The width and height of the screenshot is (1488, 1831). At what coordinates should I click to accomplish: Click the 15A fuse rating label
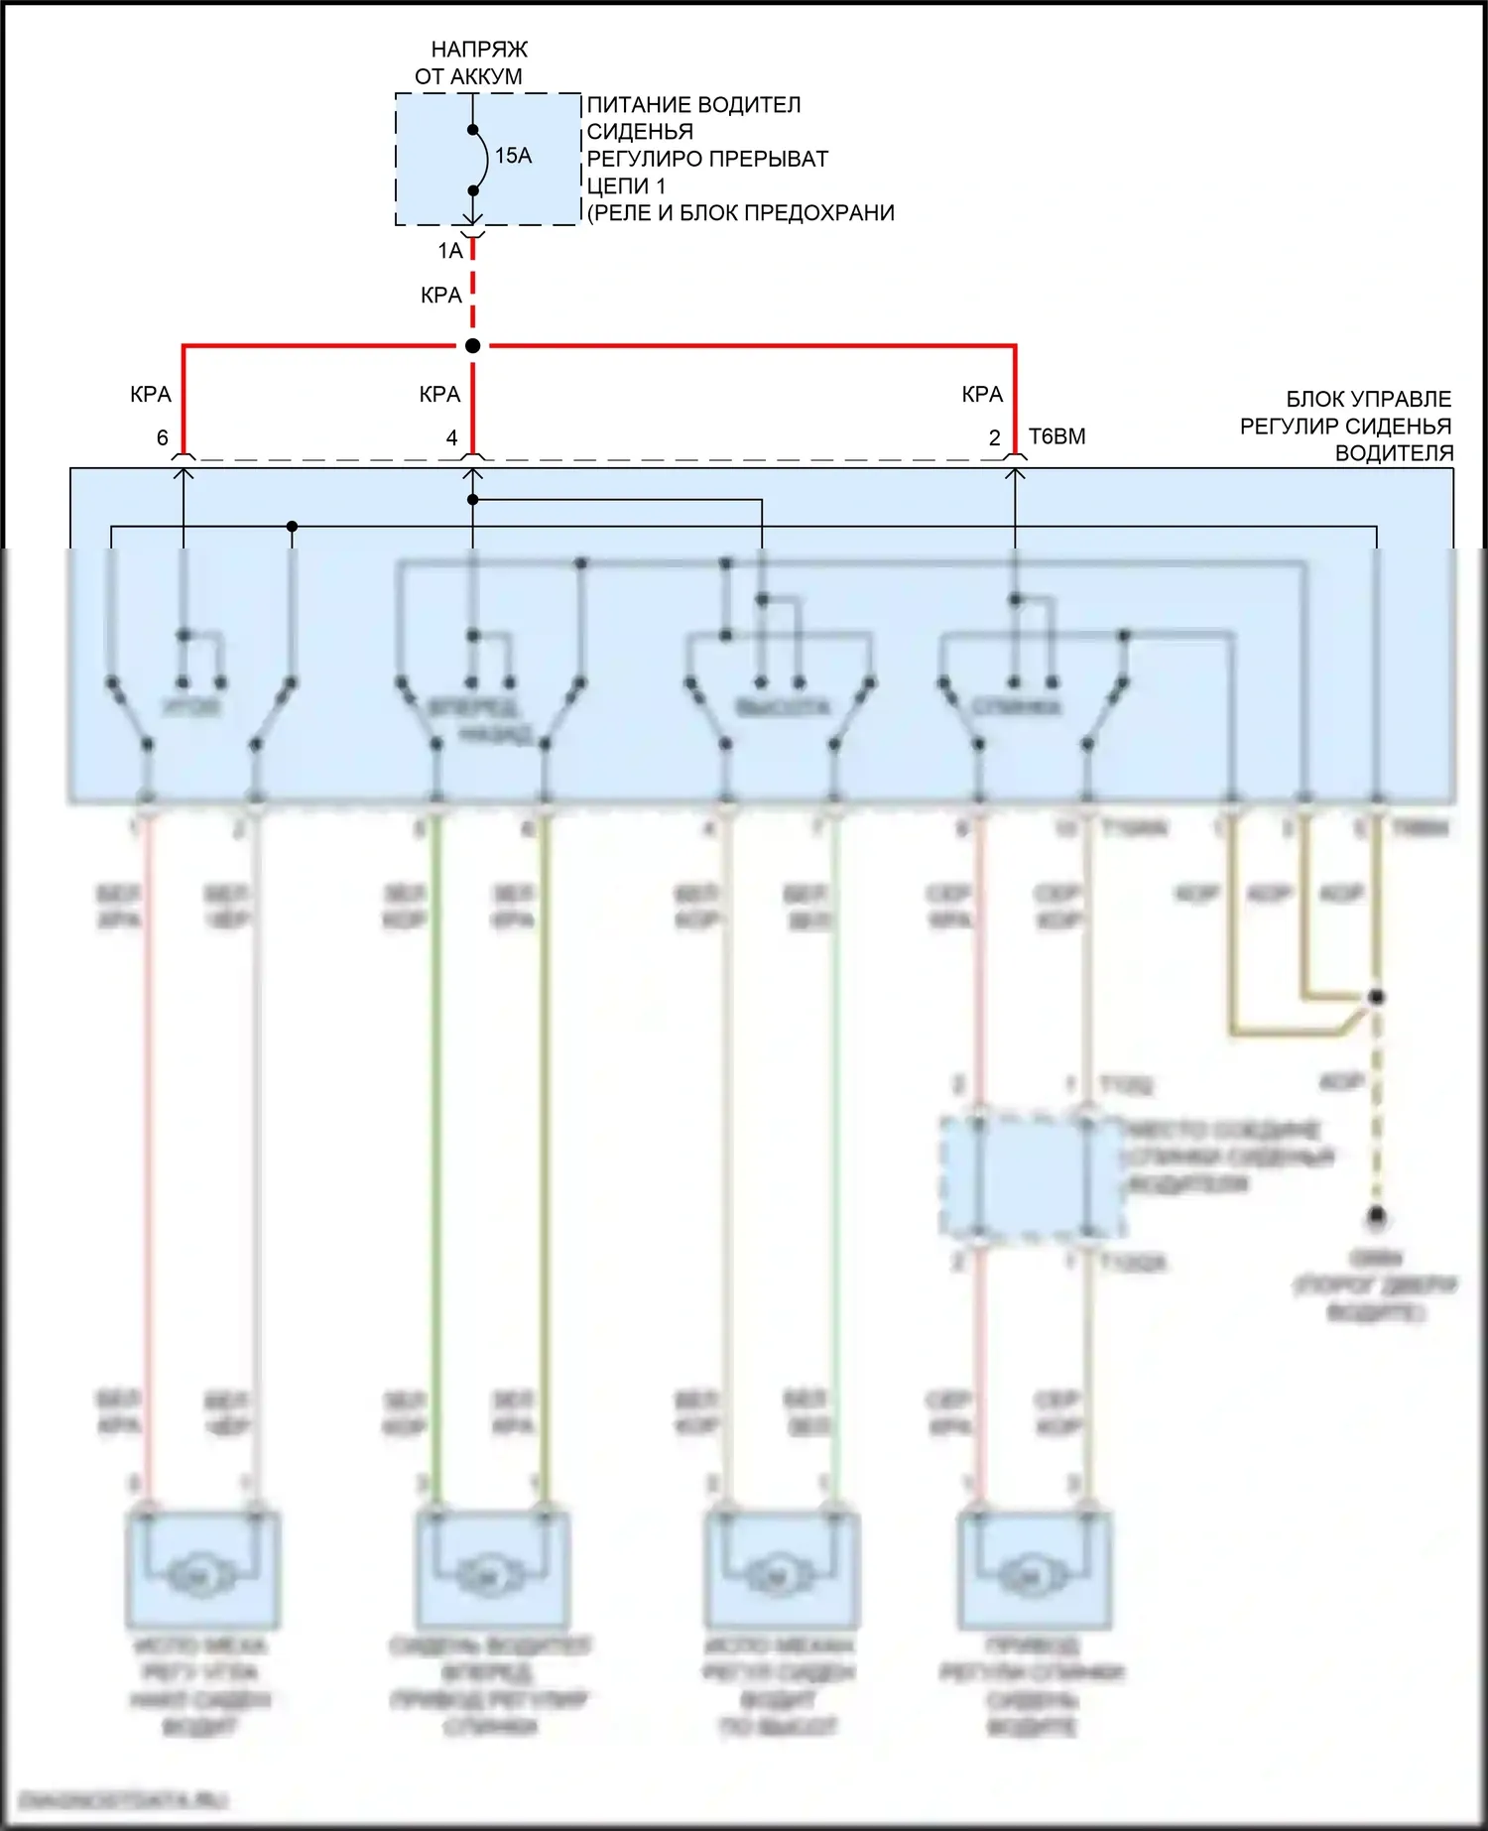pyautogui.click(x=513, y=156)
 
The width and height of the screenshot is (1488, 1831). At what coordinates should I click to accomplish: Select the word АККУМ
pyautogui.click(x=483, y=76)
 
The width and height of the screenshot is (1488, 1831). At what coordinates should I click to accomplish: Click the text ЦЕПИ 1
pyautogui.click(x=626, y=185)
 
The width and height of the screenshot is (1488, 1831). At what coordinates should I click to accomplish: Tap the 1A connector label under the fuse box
pyautogui.click(x=450, y=251)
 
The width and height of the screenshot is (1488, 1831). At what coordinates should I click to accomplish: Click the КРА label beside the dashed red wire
pyautogui.click(x=441, y=296)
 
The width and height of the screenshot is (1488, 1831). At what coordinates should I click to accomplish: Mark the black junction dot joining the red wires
pyautogui.click(x=473, y=346)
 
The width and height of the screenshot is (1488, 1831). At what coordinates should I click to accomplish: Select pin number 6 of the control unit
pyautogui.click(x=163, y=438)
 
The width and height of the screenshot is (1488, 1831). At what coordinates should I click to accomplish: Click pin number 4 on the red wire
pyautogui.click(x=452, y=438)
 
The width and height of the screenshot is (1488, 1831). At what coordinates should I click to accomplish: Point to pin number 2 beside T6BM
pyautogui.click(x=995, y=438)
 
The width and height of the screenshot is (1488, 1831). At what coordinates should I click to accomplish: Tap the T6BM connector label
pyautogui.click(x=1057, y=436)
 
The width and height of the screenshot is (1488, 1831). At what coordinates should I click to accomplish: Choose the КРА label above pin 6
pyautogui.click(x=151, y=395)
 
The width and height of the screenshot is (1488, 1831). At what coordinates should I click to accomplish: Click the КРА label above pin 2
pyautogui.click(x=982, y=395)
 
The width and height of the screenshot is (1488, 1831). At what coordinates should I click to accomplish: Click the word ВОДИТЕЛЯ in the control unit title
pyautogui.click(x=1394, y=453)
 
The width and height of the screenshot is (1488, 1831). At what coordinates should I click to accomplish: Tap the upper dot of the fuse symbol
pyautogui.click(x=473, y=130)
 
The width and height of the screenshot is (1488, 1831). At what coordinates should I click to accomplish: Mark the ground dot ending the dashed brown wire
pyautogui.click(x=1376, y=1215)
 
